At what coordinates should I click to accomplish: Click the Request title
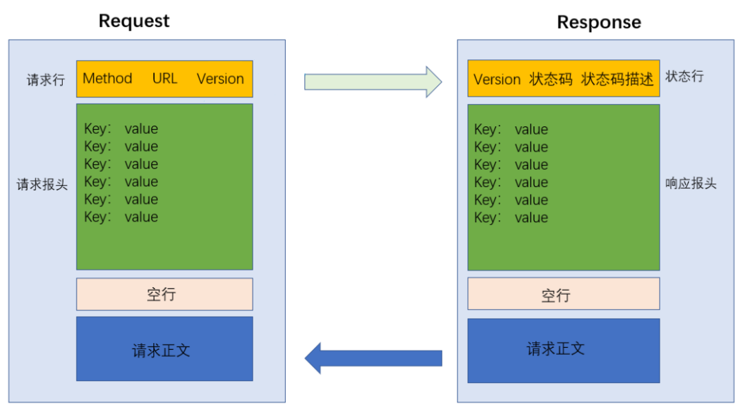[x=134, y=21]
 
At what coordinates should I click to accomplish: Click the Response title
[x=598, y=22]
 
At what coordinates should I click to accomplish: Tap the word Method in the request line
[x=107, y=79]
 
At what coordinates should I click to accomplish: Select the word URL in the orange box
[x=165, y=79]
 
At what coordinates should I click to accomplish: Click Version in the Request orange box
[x=220, y=79]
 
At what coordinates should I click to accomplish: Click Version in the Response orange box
[x=497, y=79]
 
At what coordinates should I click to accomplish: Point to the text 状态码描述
[x=617, y=79]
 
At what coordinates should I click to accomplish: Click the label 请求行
[x=46, y=80]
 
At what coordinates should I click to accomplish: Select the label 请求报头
[x=42, y=185]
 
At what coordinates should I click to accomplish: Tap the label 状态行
[x=685, y=77]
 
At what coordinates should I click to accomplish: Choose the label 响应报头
[x=691, y=184]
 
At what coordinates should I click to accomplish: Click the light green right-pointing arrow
[x=373, y=81]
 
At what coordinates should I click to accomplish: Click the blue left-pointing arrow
[x=373, y=358]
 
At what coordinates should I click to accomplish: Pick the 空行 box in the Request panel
[x=164, y=295]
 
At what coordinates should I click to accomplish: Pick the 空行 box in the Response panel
[x=563, y=295]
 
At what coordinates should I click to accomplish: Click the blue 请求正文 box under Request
[x=164, y=349]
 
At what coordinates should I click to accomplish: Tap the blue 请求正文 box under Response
[x=563, y=349]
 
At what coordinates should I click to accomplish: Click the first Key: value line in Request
[x=121, y=129]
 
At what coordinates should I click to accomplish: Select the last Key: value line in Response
[x=511, y=218]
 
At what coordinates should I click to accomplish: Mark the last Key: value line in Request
[x=121, y=217]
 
